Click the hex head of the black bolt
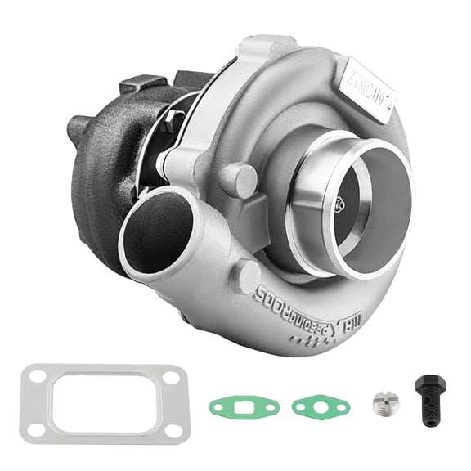[x=428, y=385]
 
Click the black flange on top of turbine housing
[x=143, y=85]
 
